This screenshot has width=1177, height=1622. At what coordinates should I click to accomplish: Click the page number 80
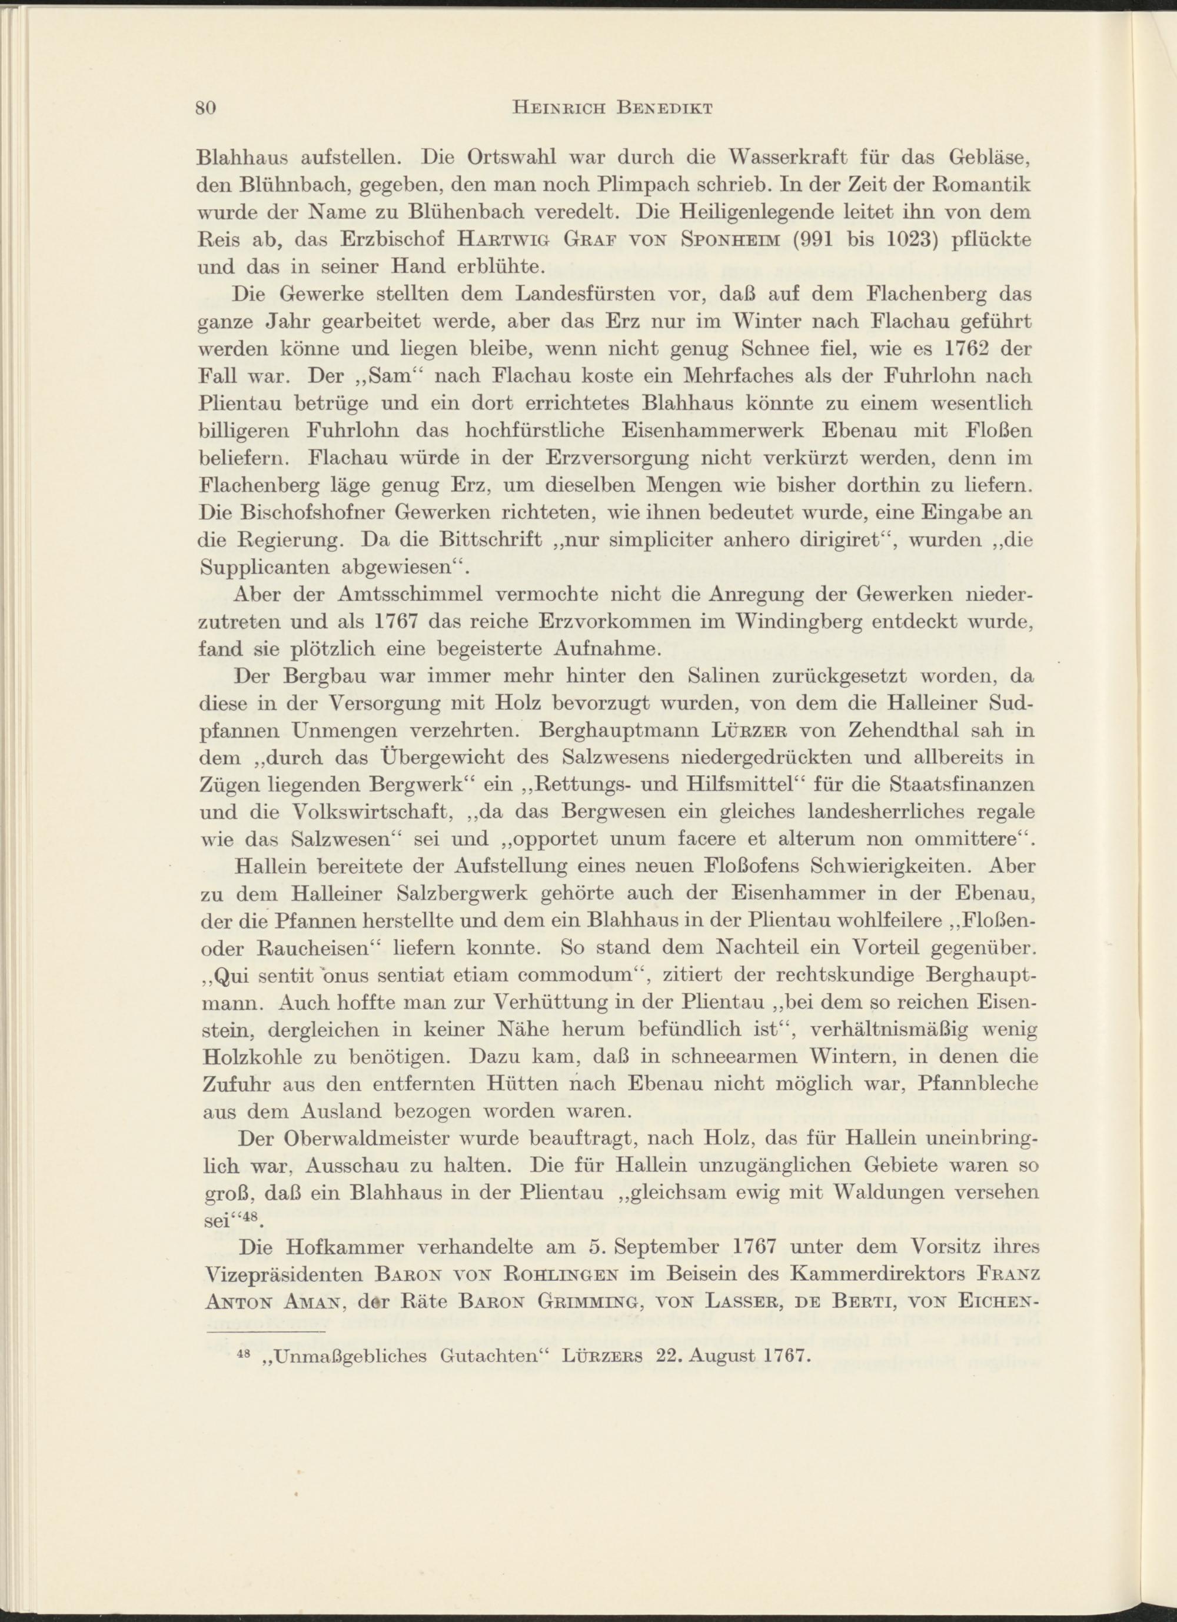pyautogui.click(x=206, y=108)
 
